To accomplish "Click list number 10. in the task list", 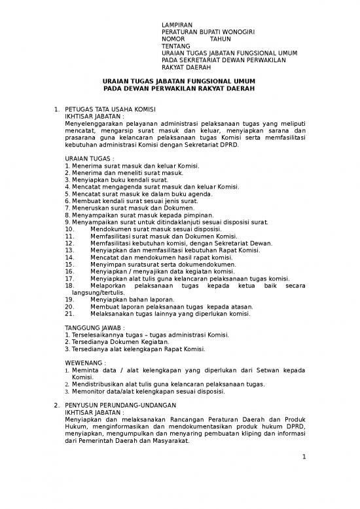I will pyautogui.click(x=71, y=229).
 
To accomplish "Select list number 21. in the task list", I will pyautogui.click(x=71, y=313).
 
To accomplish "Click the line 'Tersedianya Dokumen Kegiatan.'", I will pyautogui.click(x=117, y=341).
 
